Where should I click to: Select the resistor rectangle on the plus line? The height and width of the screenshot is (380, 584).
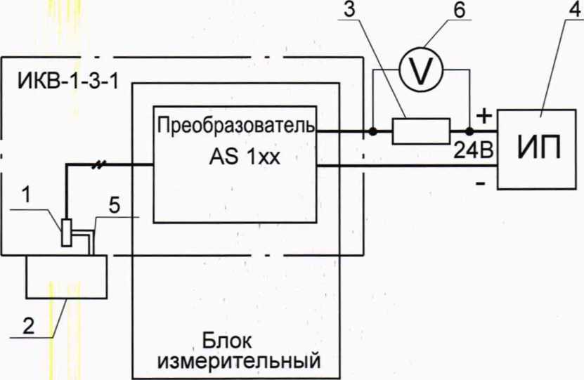click(420, 131)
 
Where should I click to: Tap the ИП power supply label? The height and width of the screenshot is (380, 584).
click(539, 149)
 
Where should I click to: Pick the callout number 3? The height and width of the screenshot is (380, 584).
click(350, 11)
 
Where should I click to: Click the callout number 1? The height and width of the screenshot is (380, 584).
click(25, 199)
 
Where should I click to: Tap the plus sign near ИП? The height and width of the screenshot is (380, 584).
click(483, 115)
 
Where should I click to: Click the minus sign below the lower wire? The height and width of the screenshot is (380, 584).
click(481, 184)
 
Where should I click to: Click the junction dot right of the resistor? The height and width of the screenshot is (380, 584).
click(469, 131)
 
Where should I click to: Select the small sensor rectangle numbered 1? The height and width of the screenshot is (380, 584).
click(65, 232)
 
